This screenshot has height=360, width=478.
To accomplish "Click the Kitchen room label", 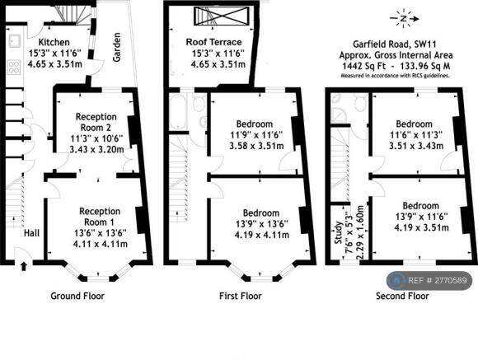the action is pos(54,42).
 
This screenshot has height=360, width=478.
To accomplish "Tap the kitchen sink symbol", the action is pos(14,41).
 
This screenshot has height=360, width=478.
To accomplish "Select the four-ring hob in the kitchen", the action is pos(14,67).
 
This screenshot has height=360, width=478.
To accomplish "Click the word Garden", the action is pos(116,47).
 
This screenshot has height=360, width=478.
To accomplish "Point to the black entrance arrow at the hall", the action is pos(23,266).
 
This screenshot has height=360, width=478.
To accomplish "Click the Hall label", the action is pos(31,233).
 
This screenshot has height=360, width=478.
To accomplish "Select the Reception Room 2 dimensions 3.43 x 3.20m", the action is pos(96,150).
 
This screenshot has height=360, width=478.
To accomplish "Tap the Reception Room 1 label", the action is pos(100,217).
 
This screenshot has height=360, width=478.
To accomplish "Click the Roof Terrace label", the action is pos(213,42).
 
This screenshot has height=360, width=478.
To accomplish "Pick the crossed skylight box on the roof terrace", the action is pos(222,16).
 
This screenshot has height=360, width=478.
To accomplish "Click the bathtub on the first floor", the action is pos(177,111).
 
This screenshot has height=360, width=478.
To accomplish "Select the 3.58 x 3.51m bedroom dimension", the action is pos(256,146).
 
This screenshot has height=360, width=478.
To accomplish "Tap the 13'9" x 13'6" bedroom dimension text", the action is pos(262,224).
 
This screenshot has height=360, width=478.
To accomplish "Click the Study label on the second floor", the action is pos(339,232).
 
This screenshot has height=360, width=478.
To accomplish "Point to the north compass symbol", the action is pos(404,19).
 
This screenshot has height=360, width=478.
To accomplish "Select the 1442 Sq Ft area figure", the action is pos(363,66).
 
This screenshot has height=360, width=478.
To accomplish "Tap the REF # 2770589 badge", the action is pos(429,280).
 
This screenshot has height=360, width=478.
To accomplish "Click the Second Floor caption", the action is pos(402,296).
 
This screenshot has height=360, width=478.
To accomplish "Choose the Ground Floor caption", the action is pos(77,296).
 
